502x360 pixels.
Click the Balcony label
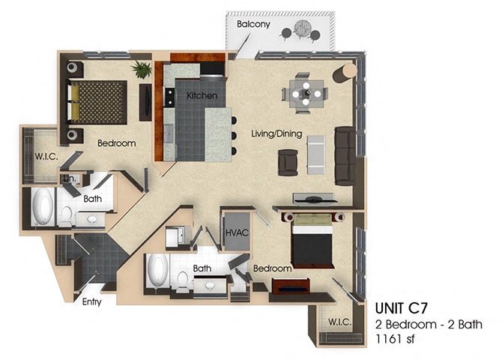click(x=253, y=24)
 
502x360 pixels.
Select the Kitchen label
click(x=202, y=96)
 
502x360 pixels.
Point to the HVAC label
click(x=237, y=234)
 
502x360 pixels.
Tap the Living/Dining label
click(x=276, y=134)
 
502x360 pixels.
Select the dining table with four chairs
click(x=304, y=94)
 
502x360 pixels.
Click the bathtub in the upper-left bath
click(x=43, y=208)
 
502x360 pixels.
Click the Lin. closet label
click(x=68, y=178)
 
